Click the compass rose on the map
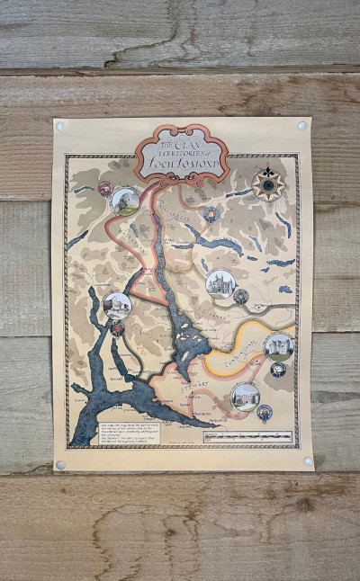[267, 184]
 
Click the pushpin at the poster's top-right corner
[301, 126]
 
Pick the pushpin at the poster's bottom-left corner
[60, 465]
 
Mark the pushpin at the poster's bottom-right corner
[308, 460]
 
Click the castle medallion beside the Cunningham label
[279, 345]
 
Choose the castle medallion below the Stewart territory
[244, 396]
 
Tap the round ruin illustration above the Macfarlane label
[125, 200]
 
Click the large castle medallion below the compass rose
[220, 284]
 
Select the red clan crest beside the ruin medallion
[105, 189]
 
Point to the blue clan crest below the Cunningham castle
[279, 370]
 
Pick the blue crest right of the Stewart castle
[265, 413]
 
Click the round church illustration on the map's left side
[116, 306]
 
